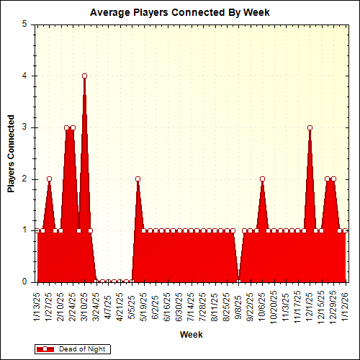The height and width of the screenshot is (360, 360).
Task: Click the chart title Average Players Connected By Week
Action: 179,12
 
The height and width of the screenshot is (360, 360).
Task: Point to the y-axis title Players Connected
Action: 11,153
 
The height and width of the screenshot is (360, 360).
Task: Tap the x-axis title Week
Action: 191,335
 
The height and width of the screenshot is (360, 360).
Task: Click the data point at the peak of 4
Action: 84,76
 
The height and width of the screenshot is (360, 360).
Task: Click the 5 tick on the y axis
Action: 27,24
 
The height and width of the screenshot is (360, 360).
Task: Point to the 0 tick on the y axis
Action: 27,282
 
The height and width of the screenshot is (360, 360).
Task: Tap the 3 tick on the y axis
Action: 27,127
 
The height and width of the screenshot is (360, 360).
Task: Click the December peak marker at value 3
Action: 310,127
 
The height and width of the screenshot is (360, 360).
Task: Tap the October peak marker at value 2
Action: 262,179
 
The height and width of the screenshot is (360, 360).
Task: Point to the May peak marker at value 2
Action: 138,179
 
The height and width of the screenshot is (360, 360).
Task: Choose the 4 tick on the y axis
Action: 27,76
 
